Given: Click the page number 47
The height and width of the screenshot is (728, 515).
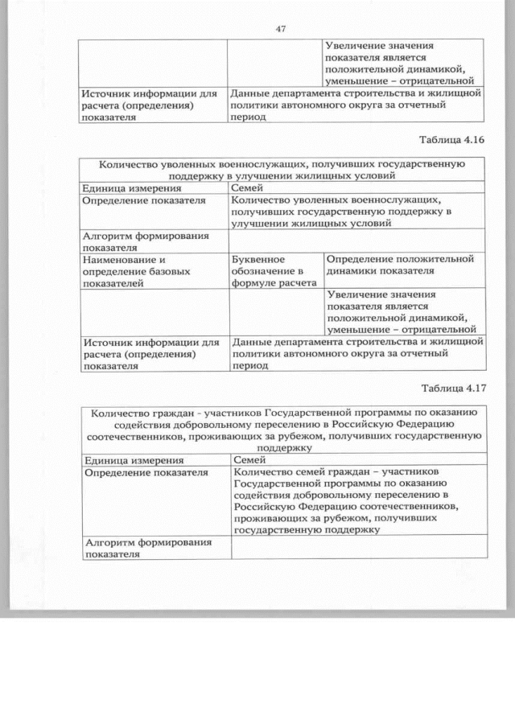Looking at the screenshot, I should (281, 29).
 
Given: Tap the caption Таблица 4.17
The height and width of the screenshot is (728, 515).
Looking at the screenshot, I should (452, 389).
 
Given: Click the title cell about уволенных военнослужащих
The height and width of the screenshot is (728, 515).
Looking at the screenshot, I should (282, 169).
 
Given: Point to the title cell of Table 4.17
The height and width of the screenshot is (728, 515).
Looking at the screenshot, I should (282, 430).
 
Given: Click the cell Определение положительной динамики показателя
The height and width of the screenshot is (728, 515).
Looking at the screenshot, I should (402, 265).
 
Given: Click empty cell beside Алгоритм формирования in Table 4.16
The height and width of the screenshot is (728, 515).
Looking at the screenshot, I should (356, 241).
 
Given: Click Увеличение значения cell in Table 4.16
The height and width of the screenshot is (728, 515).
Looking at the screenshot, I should (403, 311).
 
